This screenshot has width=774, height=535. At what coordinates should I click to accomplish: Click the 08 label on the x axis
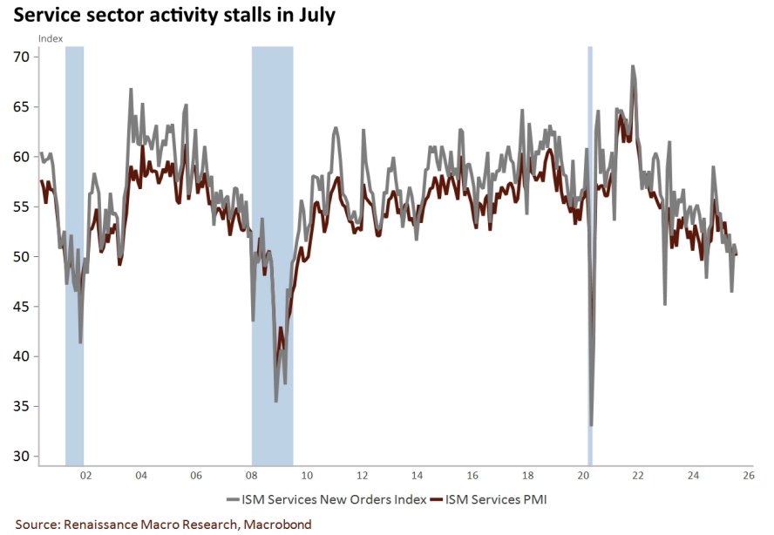[251, 476]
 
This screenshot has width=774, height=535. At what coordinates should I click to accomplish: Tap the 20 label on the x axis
[582, 476]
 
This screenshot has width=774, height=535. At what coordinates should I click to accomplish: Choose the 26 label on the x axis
[748, 476]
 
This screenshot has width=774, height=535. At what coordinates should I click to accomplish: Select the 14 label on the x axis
[417, 476]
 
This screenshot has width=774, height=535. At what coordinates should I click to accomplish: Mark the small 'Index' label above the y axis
[50, 38]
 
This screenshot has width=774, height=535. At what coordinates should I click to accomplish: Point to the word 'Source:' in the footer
[37, 525]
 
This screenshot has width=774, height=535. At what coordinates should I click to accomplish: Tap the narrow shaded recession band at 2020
[590, 261]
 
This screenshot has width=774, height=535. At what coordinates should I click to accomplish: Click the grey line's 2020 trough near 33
[591, 425]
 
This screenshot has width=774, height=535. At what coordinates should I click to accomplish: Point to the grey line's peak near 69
[633, 66]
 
